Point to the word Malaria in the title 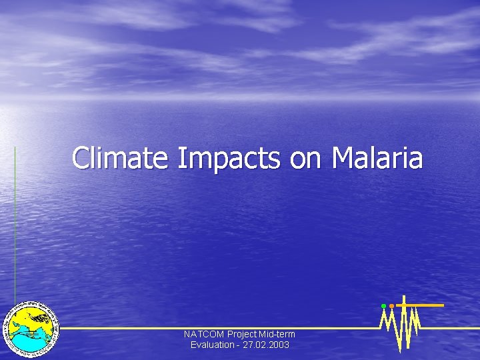[x=377, y=159]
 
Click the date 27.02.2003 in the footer [x=267, y=345]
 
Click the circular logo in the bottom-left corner [x=31, y=327]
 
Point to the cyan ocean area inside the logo [x=27, y=341]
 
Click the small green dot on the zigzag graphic [x=383, y=306]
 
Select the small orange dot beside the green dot [x=391, y=306]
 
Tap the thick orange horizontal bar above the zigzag [x=423, y=305]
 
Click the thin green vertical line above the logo [x=15, y=220]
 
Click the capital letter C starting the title [x=81, y=159]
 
